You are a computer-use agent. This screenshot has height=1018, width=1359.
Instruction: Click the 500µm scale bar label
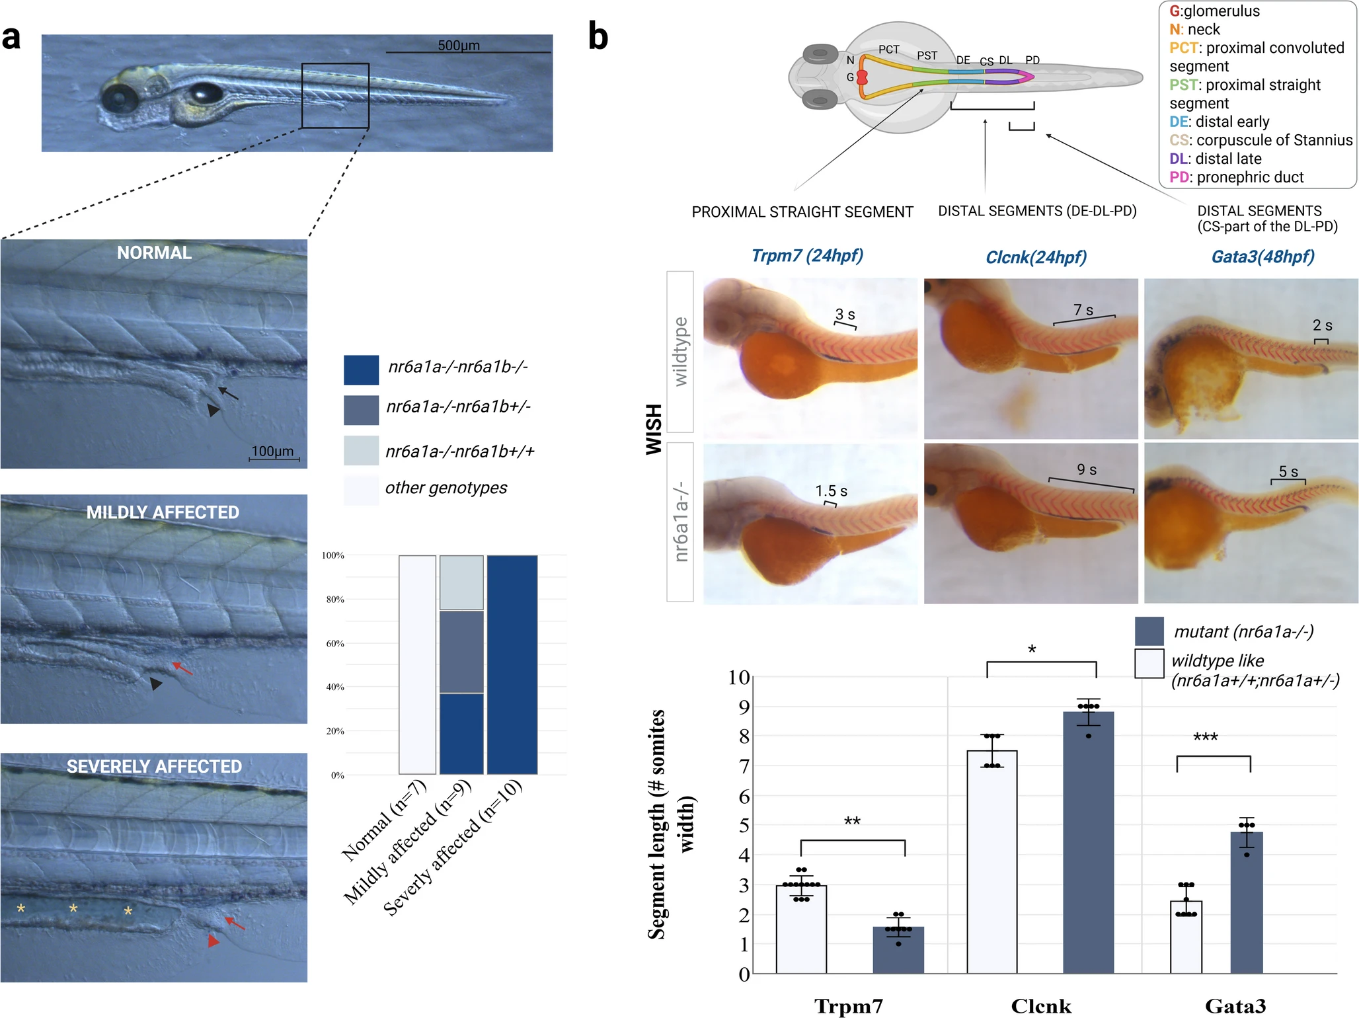[x=459, y=45]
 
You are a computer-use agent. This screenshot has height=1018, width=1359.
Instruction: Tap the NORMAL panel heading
[x=154, y=253]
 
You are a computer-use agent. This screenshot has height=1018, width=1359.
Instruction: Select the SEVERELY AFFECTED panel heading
[x=154, y=766]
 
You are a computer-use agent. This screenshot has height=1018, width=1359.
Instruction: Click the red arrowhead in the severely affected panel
[x=214, y=940]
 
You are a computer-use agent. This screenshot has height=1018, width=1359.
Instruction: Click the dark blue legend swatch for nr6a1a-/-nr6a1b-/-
[x=361, y=370]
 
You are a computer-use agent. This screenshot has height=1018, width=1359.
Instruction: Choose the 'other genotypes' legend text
[x=446, y=488]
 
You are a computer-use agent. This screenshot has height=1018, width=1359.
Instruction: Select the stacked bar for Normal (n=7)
[x=417, y=664]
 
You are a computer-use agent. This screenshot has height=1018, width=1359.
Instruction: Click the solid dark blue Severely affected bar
[x=512, y=664]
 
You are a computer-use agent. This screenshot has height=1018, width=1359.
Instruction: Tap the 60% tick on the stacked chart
[x=335, y=643]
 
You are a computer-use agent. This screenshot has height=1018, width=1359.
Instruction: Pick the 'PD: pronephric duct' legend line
[x=1236, y=177]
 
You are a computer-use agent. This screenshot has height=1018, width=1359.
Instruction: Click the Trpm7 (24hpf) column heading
[x=807, y=256]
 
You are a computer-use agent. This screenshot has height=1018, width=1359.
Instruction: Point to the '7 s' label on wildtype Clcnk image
[x=1083, y=310]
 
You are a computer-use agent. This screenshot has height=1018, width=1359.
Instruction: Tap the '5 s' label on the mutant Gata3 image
[x=1288, y=471]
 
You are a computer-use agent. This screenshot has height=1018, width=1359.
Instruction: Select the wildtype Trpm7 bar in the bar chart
[x=801, y=929]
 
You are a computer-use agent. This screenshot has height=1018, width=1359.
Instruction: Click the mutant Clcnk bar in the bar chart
[x=1089, y=843]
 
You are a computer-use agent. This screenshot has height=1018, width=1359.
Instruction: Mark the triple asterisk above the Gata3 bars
[x=1205, y=737]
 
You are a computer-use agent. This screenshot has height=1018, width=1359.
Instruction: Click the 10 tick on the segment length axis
[x=739, y=677]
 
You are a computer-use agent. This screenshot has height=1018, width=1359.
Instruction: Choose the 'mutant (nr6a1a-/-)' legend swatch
[x=1149, y=631]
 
